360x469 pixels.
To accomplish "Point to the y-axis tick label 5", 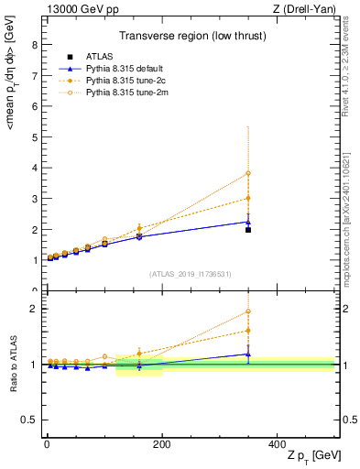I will point(34,137).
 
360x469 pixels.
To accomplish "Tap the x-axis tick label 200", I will point(161,444).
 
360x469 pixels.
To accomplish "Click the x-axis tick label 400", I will point(278,444).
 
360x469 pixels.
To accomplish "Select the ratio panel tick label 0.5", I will point(27,420).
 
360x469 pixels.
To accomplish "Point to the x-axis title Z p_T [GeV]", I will point(311,456).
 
